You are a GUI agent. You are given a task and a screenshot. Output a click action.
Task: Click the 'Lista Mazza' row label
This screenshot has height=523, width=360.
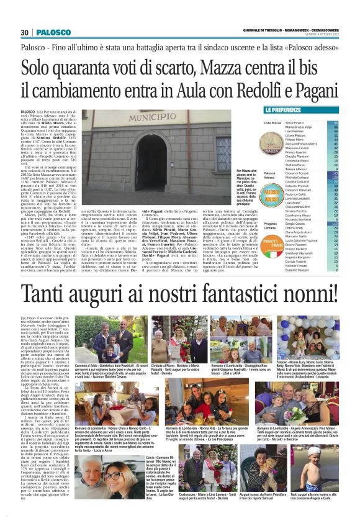pos(272,124)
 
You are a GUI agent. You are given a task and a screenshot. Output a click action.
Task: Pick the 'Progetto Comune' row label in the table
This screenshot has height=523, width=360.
pos(272,224)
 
